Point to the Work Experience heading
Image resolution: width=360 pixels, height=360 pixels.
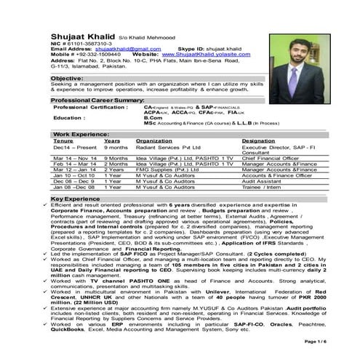point(81,135)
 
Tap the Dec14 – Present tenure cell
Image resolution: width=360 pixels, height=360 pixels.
point(69,147)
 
